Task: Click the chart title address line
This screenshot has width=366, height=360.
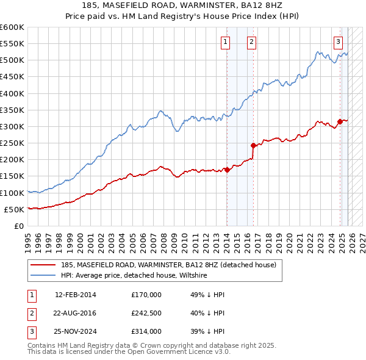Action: (183, 7)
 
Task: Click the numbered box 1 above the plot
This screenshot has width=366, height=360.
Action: (226, 41)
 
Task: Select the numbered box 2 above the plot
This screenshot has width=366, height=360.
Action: (251, 41)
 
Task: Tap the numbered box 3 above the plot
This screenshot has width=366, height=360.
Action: (338, 41)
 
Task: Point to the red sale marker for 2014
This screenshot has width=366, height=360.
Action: (227, 170)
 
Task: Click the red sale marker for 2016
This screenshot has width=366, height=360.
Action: (253, 145)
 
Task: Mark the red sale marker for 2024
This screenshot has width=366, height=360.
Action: (340, 122)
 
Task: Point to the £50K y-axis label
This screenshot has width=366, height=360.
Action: (14, 209)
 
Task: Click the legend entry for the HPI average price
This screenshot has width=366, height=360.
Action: (134, 275)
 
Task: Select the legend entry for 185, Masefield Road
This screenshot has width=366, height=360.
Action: (168, 265)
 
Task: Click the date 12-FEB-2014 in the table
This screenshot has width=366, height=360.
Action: (76, 295)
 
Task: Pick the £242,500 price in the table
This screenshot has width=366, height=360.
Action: (146, 313)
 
